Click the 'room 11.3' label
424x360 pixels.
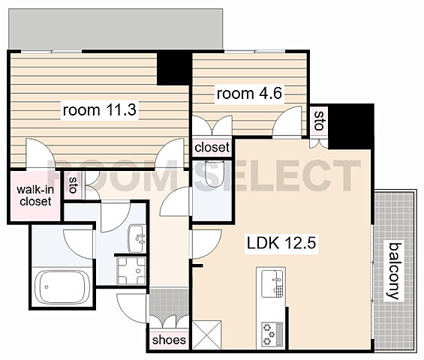(100, 109)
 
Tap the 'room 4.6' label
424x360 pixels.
(249, 94)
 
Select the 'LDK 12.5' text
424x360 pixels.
(281, 242)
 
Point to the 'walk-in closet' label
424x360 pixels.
(35, 196)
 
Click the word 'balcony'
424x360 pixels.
(394, 271)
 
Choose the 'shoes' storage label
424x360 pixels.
(169, 340)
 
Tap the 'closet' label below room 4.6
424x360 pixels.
(212, 147)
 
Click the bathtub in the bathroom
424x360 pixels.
(62, 287)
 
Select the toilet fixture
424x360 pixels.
(214, 173)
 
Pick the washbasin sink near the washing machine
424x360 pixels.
(137, 238)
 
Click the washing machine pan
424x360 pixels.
(131, 271)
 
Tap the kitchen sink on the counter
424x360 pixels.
(272, 283)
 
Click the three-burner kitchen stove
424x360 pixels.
(272, 334)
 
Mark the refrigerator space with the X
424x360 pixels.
(207, 334)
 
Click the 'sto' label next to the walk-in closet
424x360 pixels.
(73, 185)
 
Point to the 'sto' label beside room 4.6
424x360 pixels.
(320, 120)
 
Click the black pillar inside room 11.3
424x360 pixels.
(173, 69)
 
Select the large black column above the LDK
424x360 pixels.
(350, 126)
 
